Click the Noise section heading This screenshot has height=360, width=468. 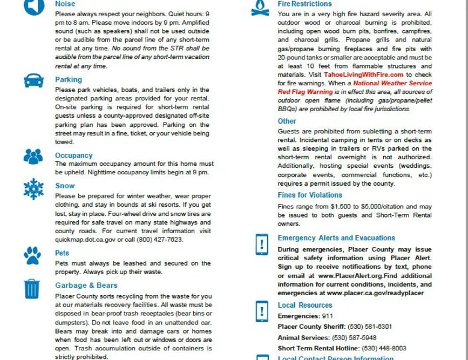point(65,4)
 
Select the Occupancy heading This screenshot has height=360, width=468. point(73,156)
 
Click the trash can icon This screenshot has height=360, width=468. point(32,288)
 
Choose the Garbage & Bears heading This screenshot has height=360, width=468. point(86,285)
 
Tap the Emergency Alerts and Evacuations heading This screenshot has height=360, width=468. point(336,238)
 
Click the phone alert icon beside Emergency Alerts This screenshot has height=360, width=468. point(262,244)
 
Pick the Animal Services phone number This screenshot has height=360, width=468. point(354,337)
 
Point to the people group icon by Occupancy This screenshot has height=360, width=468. point(33,156)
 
